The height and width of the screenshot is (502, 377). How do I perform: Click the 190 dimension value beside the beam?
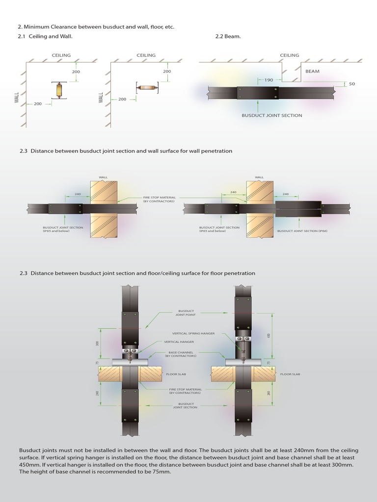pos(269,80)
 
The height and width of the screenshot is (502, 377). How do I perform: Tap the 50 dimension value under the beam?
pos(351,84)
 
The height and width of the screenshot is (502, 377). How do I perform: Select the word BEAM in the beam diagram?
pos(312,71)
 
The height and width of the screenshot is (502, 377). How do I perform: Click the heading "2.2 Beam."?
pos(228,36)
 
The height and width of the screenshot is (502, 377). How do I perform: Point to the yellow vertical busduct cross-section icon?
pos(59,91)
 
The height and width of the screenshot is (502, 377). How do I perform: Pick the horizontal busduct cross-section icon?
pos(146,88)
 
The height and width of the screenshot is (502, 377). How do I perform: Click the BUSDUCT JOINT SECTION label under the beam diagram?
pos(271,115)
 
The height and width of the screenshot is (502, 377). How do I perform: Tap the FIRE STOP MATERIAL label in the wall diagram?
pos(158,199)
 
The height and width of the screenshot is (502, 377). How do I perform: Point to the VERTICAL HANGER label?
pos(179,342)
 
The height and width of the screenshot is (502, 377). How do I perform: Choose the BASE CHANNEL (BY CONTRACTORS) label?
pos(184,354)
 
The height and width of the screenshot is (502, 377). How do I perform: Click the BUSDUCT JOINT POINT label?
pos(186,313)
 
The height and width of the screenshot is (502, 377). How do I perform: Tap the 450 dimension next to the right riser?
pos(269,336)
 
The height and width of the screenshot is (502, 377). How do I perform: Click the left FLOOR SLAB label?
pos(175,374)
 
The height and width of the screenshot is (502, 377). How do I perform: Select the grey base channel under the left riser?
pos(131,362)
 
